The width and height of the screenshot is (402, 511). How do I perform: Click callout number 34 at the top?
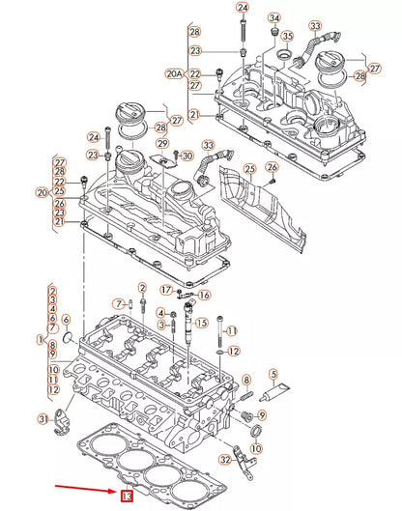click(x=274, y=18)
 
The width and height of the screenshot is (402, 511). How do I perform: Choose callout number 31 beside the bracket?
click(x=43, y=417)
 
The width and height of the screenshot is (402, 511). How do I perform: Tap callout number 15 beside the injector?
click(x=202, y=323)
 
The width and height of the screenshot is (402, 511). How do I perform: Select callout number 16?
click(x=204, y=295)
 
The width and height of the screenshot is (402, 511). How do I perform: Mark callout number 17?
click(x=166, y=289)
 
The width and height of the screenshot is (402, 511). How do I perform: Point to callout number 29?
click(x=163, y=143)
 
